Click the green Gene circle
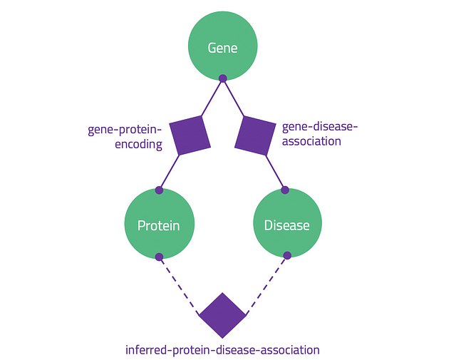click(x=223, y=46)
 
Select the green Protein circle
click(x=160, y=224)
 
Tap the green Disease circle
click(x=288, y=223)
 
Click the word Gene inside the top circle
click(x=222, y=48)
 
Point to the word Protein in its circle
click(x=158, y=225)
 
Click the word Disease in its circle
click(x=286, y=225)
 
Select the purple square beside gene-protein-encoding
click(x=190, y=135)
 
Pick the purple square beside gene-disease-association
click(x=255, y=135)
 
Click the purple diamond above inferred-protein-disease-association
click(x=222, y=316)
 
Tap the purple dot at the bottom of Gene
click(x=223, y=78)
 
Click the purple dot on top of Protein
click(x=159, y=190)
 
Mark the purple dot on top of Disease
click(x=285, y=190)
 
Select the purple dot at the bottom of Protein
click(x=159, y=257)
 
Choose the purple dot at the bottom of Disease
click(x=287, y=255)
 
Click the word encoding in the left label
click(x=138, y=145)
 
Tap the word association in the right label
click(x=311, y=141)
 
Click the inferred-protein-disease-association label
click(x=222, y=350)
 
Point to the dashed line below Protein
click(x=179, y=286)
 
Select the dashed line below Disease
click(x=266, y=285)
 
